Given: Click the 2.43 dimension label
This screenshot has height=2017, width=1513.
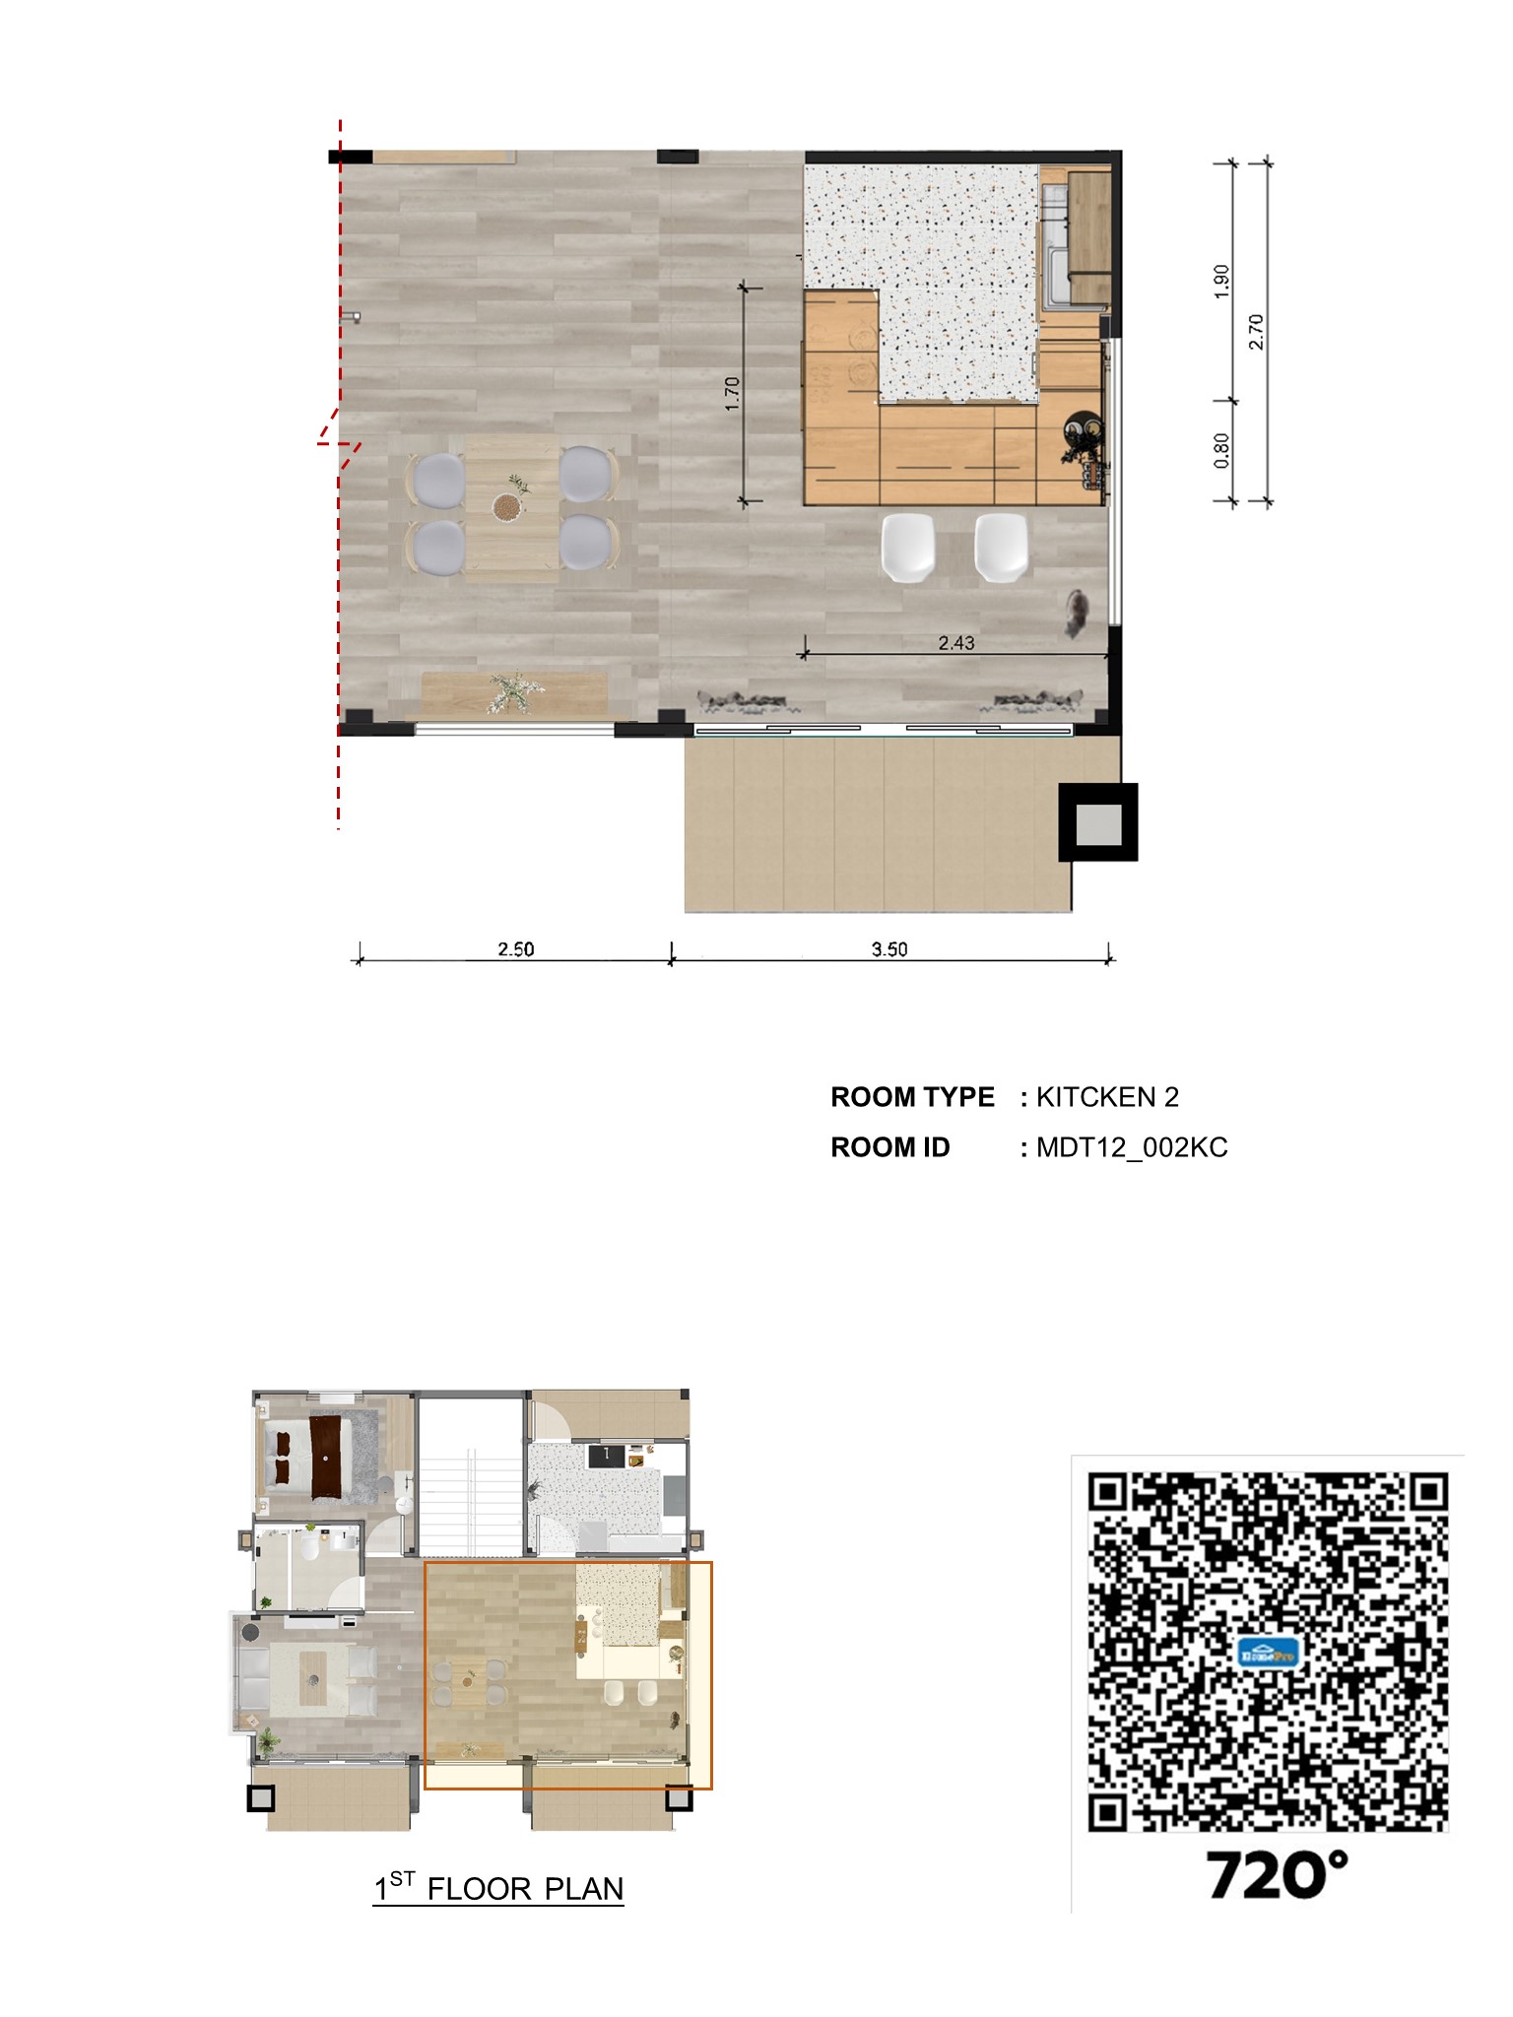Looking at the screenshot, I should [955, 643].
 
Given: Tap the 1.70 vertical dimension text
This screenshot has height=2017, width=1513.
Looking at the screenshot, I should [732, 394].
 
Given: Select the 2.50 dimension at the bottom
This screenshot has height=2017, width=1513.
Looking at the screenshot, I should [515, 949].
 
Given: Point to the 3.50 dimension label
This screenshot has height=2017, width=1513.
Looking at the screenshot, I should [888, 949].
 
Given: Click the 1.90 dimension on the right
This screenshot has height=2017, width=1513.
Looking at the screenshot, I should [1221, 282].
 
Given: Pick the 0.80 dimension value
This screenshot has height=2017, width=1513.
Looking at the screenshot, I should [1221, 451].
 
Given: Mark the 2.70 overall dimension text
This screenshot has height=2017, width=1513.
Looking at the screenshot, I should [1256, 332].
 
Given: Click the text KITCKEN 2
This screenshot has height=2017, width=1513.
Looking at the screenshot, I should [1107, 1097].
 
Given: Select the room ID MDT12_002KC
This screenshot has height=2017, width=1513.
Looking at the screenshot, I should [1132, 1147].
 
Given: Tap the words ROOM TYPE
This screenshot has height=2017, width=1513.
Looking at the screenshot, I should [912, 1097].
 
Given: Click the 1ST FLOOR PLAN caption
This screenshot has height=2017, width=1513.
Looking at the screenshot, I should [498, 1888].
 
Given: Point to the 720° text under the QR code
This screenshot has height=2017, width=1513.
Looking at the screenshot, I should [1277, 1875].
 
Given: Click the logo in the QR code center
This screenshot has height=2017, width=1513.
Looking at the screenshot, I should [1268, 1652].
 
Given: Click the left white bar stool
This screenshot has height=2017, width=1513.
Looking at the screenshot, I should [907, 548].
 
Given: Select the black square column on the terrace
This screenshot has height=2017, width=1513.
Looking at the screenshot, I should [1098, 822].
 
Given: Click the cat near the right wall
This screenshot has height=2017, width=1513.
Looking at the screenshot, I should [1077, 612].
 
